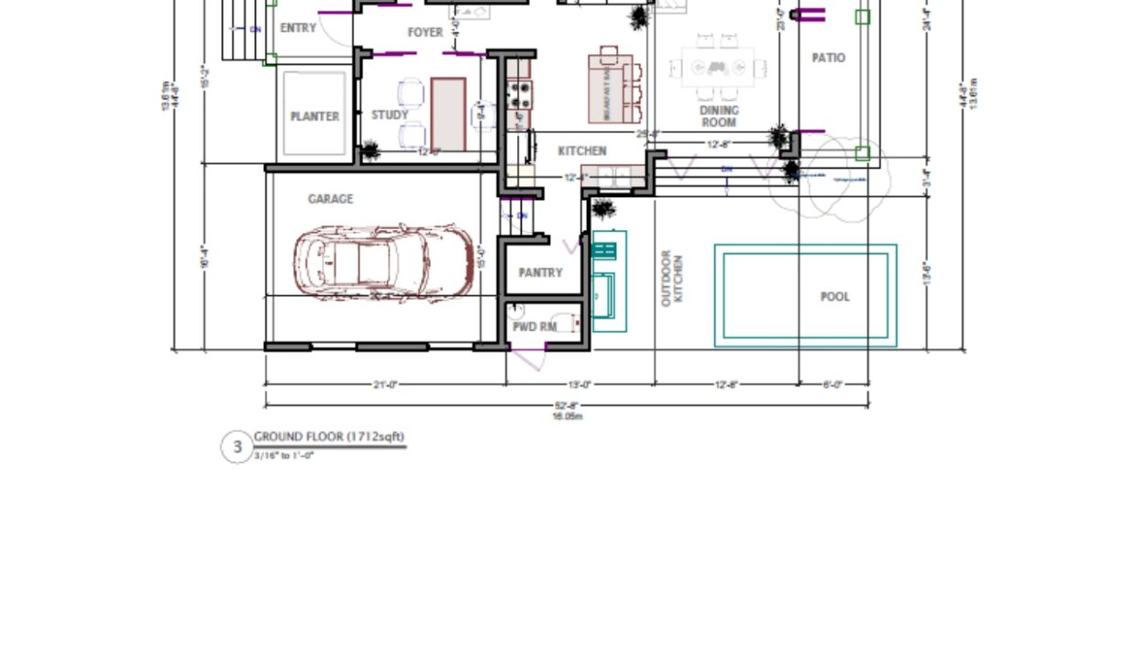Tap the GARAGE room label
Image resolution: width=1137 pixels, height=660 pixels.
click(x=330, y=199)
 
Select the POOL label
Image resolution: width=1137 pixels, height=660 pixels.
click(x=834, y=297)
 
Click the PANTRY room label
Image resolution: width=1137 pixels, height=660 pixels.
click(x=540, y=273)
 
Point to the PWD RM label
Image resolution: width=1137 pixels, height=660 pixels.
click(x=535, y=326)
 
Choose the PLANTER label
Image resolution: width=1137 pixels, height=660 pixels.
click(x=315, y=116)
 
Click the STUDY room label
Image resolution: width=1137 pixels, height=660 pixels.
click(x=390, y=115)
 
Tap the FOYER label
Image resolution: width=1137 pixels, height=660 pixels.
click(x=425, y=32)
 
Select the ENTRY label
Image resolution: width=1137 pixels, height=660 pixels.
click(x=298, y=28)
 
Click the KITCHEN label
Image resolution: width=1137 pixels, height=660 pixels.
click(x=582, y=151)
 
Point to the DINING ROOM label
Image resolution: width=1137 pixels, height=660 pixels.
click(x=719, y=116)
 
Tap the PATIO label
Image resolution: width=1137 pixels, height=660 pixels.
click(x=829, y=58)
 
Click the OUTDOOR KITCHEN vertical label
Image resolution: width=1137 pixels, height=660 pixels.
click(x=672, y=278)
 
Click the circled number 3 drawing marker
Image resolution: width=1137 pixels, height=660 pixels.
click(x=237, y=447)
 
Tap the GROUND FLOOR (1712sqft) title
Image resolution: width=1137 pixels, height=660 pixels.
click(x=329, y=437)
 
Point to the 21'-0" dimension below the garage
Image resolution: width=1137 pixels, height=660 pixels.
click(x=385, y=385)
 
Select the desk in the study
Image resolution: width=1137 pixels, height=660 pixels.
click(x=448, y=114)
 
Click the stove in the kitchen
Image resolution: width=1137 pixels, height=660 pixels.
click(x=520, y=92)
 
